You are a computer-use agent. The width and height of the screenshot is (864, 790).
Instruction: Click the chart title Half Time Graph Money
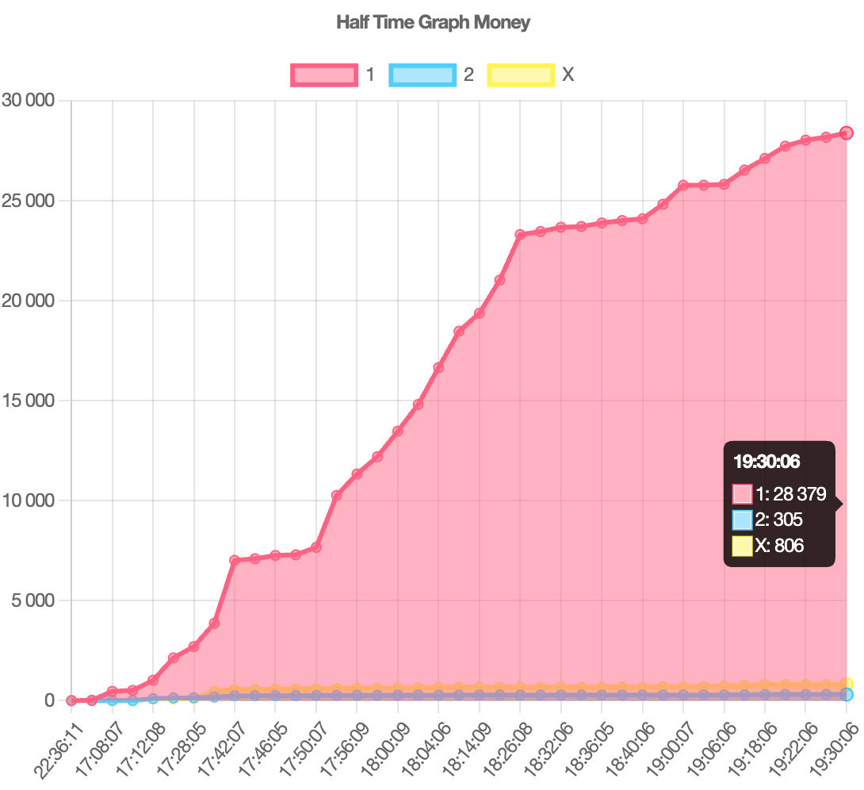433,22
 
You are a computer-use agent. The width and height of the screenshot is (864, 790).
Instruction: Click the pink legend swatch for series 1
324,75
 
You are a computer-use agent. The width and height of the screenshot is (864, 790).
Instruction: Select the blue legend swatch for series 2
422,75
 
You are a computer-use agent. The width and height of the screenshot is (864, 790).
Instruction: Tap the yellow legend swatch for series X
521,75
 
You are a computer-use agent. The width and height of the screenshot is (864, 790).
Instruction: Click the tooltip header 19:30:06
766,462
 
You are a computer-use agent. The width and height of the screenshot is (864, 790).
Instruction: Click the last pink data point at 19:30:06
847,133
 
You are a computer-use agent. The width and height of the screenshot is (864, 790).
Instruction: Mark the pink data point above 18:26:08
520,235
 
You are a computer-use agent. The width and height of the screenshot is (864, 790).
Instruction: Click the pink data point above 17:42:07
235,560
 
